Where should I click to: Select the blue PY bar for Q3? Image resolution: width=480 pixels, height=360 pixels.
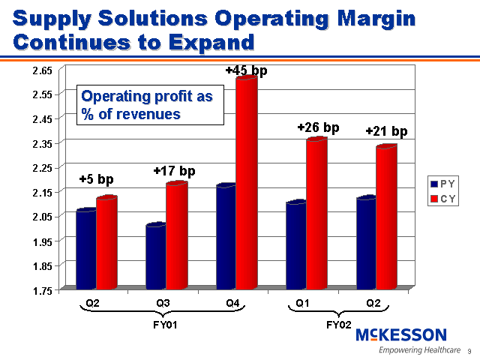pyautogui.click(x=155, y=256)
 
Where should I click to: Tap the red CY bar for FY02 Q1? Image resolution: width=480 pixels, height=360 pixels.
pyautogui.click(x=316, y=213)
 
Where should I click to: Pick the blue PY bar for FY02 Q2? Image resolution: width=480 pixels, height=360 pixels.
pyautogui.click(x=366, y=242)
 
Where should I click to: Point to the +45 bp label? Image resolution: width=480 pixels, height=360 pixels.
pyautogui.click(x=246, y=70)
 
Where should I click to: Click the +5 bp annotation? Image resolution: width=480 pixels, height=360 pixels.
pyautogui.click(x=96, y=179)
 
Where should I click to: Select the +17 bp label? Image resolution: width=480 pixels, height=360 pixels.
pyautogui.click(x=174, y=171)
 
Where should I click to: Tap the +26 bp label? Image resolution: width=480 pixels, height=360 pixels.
pyautogui.click(x=318, y=128)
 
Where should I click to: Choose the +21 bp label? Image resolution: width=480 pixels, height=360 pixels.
pyautogui.click(x=386, y=132)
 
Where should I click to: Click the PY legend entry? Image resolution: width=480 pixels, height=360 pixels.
pyautogui.click(x=442, y=184)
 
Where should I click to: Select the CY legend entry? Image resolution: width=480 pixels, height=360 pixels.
pyautogui.click(x=442, y=199)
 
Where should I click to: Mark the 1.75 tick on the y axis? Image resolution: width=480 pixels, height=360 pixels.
pyautogui.click(x=41, y=290)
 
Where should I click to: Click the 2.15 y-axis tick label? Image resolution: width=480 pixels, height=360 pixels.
pyautogui.click(x=41, y=192)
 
